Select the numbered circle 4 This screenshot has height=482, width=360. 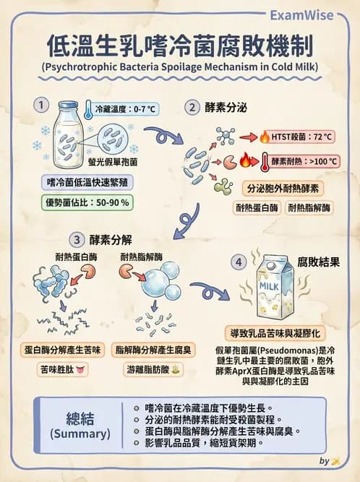239,262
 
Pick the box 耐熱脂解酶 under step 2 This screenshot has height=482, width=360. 309,207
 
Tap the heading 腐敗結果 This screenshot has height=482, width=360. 318,262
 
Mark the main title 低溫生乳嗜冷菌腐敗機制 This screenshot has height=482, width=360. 180,46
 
